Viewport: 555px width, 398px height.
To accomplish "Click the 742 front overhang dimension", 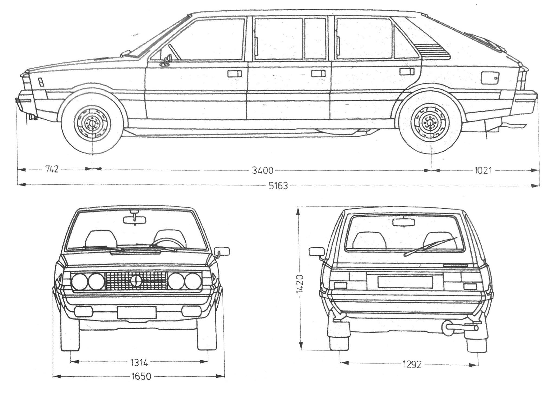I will pyautogui.click(x=52, y=169).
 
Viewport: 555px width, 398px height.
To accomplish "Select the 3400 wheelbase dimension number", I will pyautogui.click(x=263, y=171).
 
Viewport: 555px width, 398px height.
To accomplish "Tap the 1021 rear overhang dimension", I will pyautogui.click(x=483, y=171).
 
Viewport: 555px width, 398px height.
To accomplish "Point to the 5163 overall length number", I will pyautogui.click(x=278, y=186).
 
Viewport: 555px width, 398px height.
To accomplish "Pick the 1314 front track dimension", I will pyautogui.click(x=139, y=362).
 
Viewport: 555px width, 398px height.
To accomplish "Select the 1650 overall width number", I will pyautogui.click(x=141, y=377).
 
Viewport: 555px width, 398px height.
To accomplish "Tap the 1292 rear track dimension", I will pyautogui.click(x=412, y=365).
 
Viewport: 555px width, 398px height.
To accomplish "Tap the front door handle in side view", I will pyautogui.click(x=235, y=74).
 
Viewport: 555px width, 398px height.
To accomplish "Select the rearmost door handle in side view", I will pyautogui.click(x=406, y=71).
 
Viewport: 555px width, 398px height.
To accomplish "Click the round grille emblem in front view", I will pyautogui.click(x=135, y=281).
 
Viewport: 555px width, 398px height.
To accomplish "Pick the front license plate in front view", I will pyautogui.click(x=137, y=312).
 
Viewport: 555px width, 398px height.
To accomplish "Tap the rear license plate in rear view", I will pyautogui.click(x=405, y=282).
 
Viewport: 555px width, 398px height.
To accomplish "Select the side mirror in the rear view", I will pyautogui.click(x=317, y=251).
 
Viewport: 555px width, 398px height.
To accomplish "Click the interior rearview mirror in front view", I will pyautogui.click(x=134, y=220).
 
